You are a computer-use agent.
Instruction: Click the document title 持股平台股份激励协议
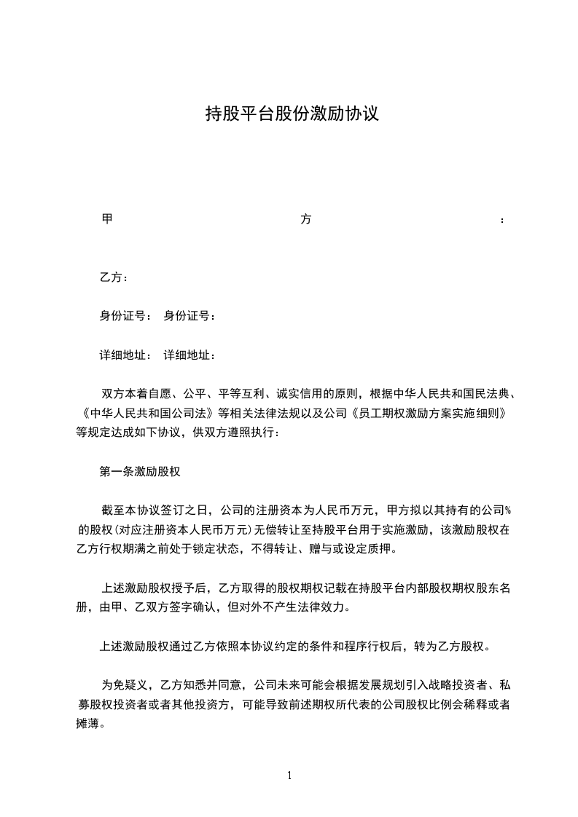click(x=292, y=114)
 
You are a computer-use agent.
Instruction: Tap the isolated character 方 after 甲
click(x=305, y=219)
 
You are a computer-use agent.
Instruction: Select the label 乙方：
click(x=114, y=277)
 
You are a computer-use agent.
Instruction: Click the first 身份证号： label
click(x=126, y=316)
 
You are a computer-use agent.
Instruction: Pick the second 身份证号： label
click(x=190, y=316)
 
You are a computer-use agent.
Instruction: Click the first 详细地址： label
click(x=126, y=355)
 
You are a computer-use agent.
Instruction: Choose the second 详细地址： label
click(x=190, y=355)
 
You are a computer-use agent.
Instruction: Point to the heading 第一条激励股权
click(x=139, y=471)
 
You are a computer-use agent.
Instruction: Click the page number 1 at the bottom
click(x=289, y=775)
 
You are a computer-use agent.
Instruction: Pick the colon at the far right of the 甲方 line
click(x=502, y=221)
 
